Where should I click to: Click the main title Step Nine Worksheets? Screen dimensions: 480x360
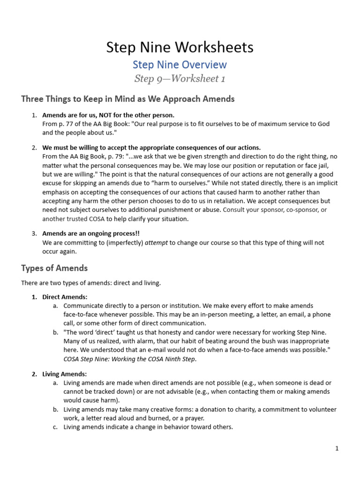pos(180,47)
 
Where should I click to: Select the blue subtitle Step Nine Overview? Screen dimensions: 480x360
pos(180,65)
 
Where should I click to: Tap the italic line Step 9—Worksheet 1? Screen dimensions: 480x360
pos(180,79)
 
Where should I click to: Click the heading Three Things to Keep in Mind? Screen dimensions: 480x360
pos(128,99)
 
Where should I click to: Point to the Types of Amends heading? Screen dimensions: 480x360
pos(54,268)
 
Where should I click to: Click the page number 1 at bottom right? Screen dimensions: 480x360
pos(337,448)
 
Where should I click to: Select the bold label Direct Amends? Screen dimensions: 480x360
pos(65,297)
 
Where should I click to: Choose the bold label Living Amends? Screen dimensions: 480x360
pos(65,374)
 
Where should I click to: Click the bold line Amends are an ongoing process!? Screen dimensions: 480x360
pos(91,233)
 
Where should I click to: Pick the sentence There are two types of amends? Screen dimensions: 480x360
pos(91,283)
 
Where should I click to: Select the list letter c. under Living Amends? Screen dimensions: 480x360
pos(55,427)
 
